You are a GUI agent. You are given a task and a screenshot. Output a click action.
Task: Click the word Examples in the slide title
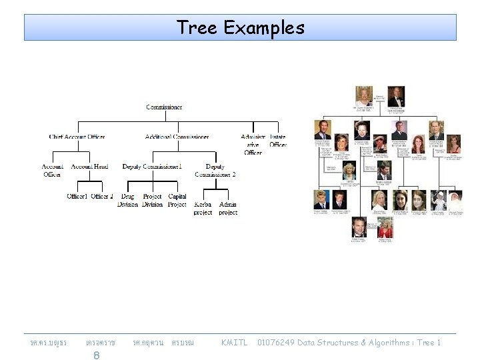point(264,27)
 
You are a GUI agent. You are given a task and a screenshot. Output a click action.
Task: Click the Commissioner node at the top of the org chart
point(164,107)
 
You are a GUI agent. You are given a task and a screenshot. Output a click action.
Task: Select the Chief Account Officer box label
point(77,137)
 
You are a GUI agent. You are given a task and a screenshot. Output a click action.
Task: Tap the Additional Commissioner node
point(177,137)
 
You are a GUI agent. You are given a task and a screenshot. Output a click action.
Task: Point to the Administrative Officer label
point(253,145)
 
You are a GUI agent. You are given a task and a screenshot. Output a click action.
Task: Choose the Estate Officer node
point(278,141)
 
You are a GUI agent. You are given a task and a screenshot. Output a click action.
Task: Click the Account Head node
point(89,166)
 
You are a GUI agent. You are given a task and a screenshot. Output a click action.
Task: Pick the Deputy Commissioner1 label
point(152,166)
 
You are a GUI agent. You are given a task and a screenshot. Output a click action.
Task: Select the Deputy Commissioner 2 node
point(215,170)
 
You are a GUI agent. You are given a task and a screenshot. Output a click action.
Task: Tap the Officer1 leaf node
point(77,196)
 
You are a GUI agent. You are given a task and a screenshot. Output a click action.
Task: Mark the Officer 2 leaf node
point(102,196)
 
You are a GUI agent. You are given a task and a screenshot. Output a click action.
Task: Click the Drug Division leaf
point(127,200)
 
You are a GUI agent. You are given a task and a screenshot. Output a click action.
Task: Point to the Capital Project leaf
point(177,200)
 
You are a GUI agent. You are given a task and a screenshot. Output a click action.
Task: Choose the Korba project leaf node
point(203,208)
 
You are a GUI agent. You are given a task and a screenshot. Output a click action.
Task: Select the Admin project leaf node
point(228,208)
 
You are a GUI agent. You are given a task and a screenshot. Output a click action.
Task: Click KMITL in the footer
point(234,343)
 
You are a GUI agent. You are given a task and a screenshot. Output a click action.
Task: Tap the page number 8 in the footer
point(97,355)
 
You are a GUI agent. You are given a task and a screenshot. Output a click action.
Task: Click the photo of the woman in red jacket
point(385,227)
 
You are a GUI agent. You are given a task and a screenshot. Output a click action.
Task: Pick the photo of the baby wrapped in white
point(455,200)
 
